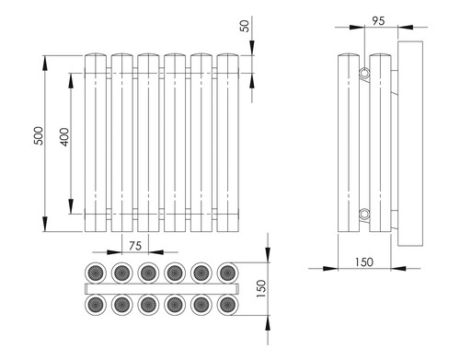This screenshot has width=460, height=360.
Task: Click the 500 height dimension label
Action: click(39, 135)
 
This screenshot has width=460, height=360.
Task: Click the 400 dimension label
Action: click(64, 137)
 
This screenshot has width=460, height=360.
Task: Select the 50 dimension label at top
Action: click(245, 26)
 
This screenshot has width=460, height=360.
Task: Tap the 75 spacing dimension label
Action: click(135, 246)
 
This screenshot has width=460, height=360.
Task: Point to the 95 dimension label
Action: click(378, 21)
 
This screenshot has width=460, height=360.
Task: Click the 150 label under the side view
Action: click(364, 262)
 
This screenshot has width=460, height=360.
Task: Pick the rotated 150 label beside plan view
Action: click(261, 288)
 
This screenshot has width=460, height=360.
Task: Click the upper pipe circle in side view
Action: click(364, 73)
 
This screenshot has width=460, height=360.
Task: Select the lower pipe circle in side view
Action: click(364, 214)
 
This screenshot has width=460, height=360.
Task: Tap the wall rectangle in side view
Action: click(410, 144)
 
